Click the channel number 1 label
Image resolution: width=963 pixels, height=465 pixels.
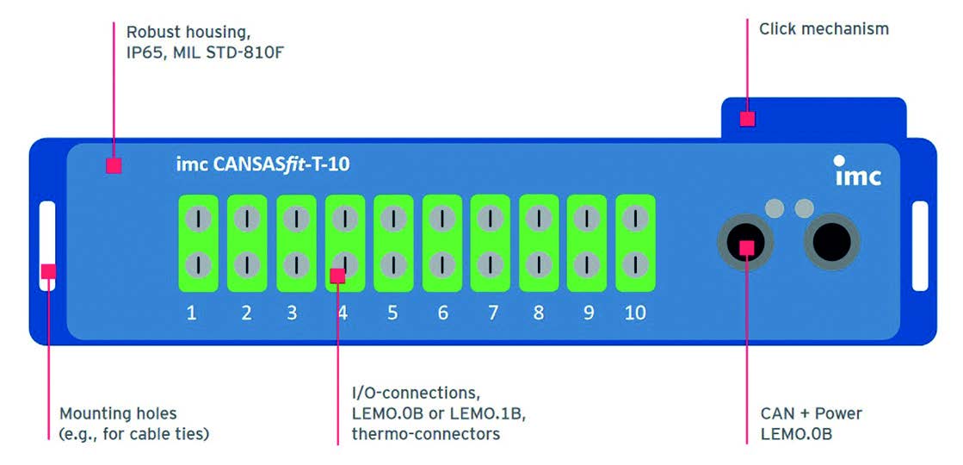[x=191, y=313]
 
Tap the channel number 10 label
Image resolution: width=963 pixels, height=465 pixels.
[x=635, y=313]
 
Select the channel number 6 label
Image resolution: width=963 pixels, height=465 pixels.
[x=442, y=313]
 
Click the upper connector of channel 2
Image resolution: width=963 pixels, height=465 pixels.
[x=247, y=220]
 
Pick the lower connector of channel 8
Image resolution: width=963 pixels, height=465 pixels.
[x=539, y=263]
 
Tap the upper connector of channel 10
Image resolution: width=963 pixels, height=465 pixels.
[x=635, y=220]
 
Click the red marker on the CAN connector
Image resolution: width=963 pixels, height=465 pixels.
[x=747, y=247]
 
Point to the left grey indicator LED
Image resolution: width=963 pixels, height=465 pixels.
[x=775, y=208]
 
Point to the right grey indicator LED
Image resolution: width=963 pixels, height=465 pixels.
[x=805, y=208]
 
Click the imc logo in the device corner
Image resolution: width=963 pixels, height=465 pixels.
[x=857, y=171]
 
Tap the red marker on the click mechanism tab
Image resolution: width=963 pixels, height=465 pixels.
[x=747, y=119]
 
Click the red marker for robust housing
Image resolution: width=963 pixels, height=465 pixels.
[x=113, y=166]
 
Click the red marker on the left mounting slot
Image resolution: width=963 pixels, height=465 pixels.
[x=48, y=271]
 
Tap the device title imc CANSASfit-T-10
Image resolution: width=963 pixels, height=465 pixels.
[x=257, y=164]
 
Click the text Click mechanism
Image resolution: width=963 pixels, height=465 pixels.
[x=824, y=29]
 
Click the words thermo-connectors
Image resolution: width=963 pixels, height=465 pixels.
[x=425, y=434]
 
